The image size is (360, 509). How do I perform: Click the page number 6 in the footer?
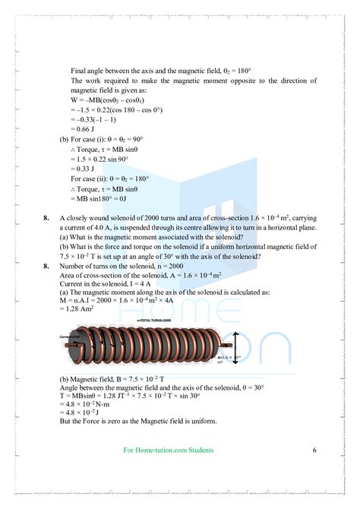tap(314, 450)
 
